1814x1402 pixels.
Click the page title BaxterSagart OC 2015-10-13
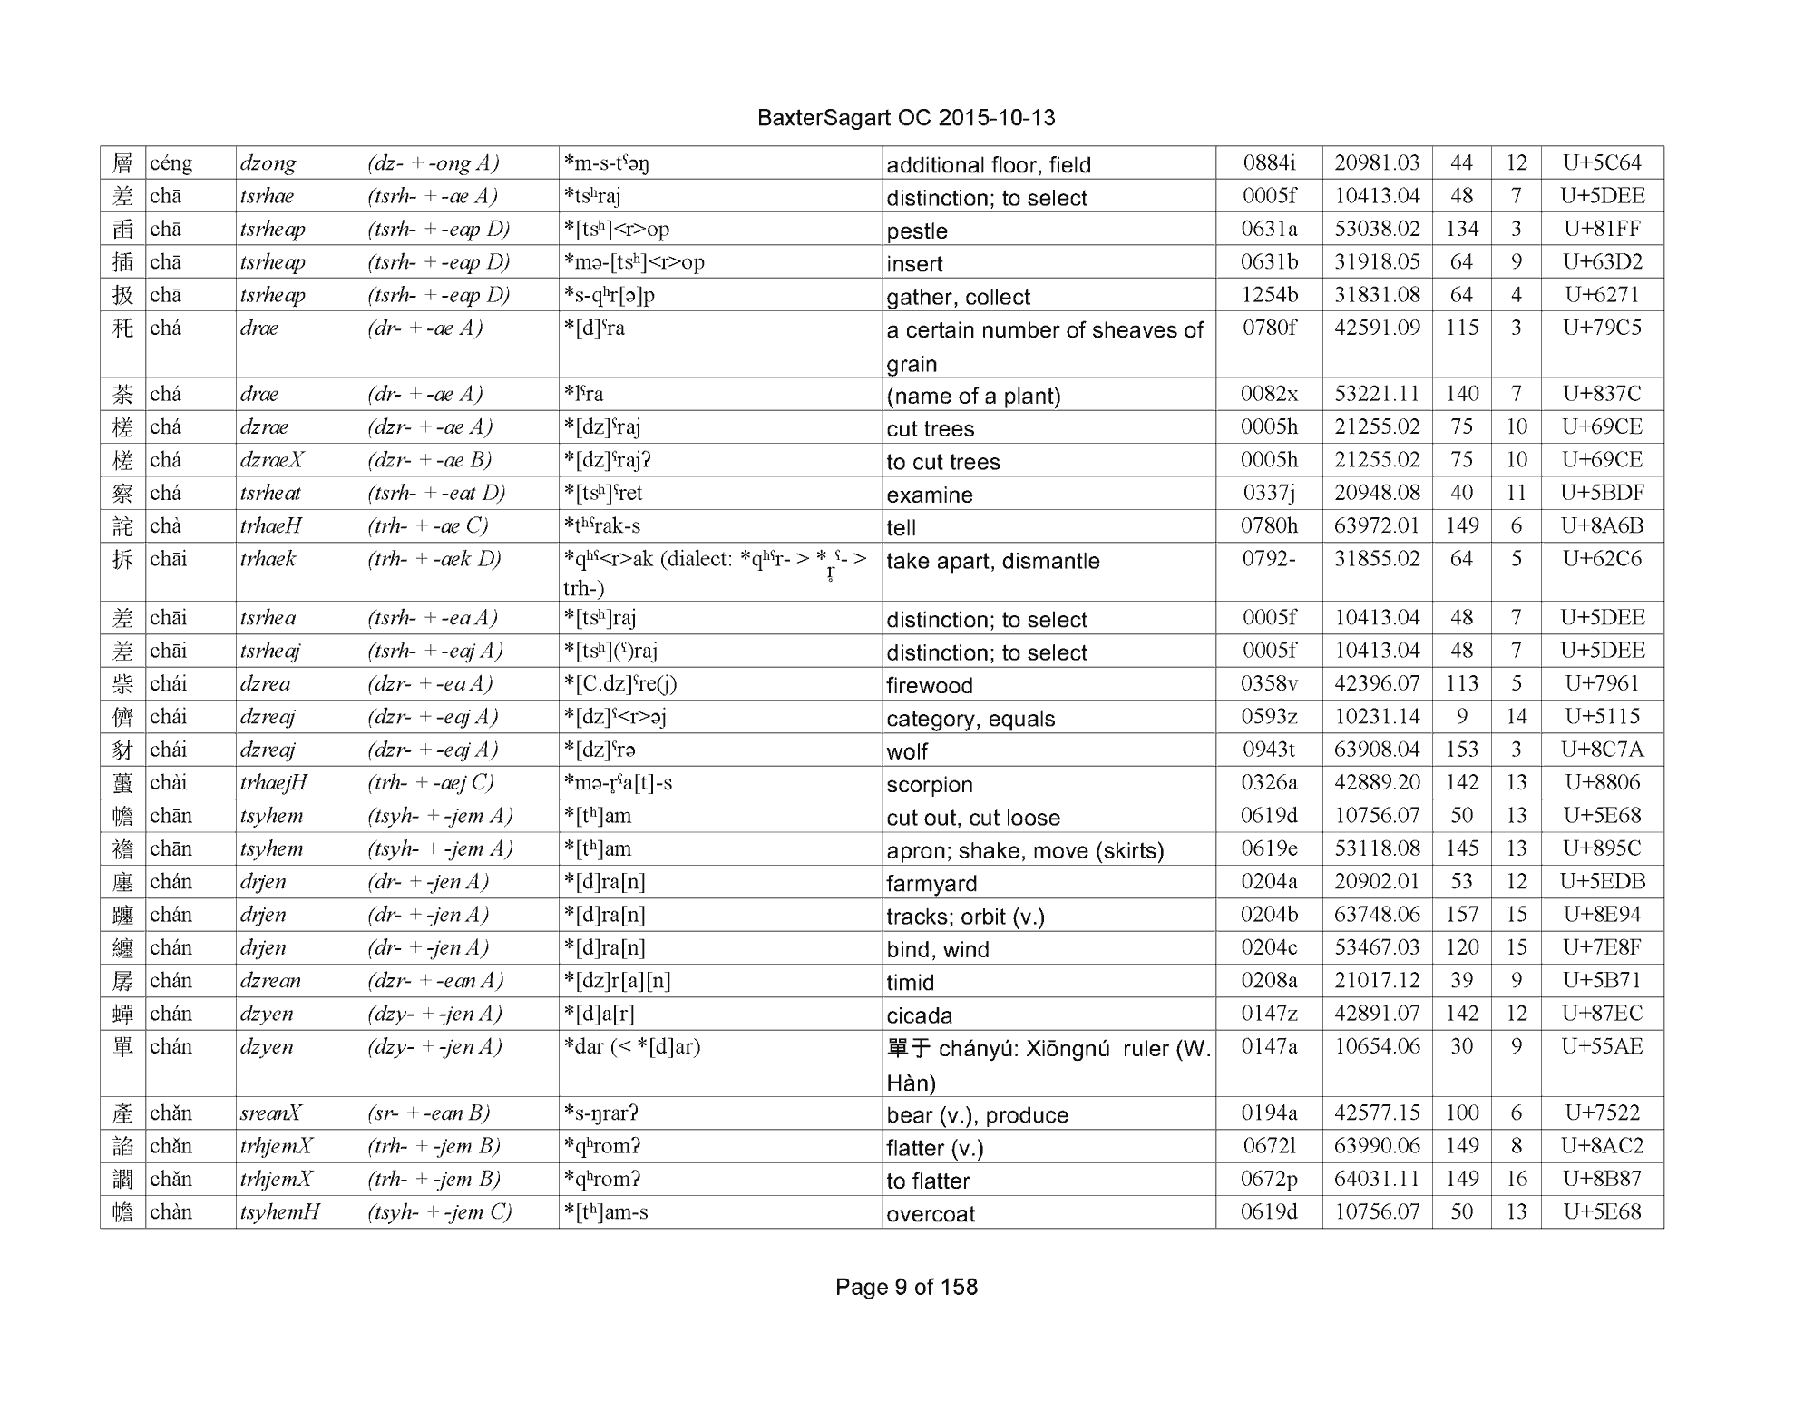tap(905, 118)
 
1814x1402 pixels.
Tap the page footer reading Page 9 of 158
tap(906, 1287)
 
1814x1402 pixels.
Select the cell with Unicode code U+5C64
tap(1602, 163)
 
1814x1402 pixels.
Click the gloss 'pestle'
tap(917, 230)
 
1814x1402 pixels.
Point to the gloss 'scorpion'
tap(930, 784)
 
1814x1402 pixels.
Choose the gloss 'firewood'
tap(930, 685)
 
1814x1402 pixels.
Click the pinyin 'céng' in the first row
tap(171, 163)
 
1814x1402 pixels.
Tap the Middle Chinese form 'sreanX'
tap(270, 1113)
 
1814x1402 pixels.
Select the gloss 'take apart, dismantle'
tap(993, 561)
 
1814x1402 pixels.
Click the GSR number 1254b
tap(1269, 295)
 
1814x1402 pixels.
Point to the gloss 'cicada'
tap(920, 1015)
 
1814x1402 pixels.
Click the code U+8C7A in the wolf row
tap(1602, 750)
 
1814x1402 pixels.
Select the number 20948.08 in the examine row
tap(1377, 493)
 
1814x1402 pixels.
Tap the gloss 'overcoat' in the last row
tap(931, 1213)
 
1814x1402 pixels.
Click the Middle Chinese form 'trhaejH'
tap(274, 782)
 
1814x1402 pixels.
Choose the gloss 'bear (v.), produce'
tap(978, 1114)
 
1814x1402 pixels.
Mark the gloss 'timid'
tap(911, 982)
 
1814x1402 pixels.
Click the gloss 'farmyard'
tap(931, 883)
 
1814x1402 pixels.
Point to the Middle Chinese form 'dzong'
tap(268, 163)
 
